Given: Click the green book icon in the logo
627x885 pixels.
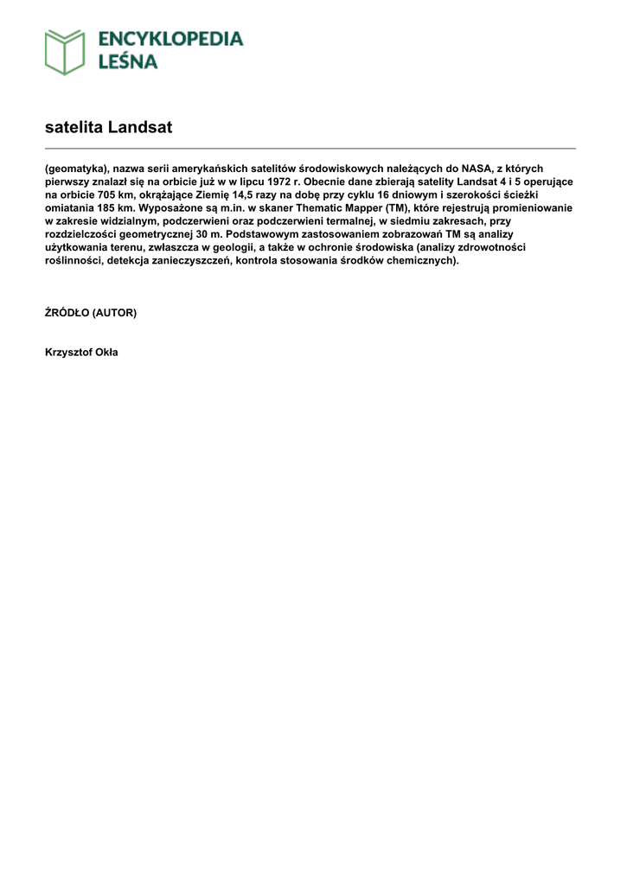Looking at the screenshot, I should point(65,52).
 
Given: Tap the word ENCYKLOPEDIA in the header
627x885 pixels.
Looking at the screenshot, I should point(170,39).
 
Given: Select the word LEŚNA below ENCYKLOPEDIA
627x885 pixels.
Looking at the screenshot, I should point(127,61).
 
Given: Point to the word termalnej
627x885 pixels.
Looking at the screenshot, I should point(345,221).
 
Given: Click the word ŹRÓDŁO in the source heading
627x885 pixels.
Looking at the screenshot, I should point(67,313).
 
